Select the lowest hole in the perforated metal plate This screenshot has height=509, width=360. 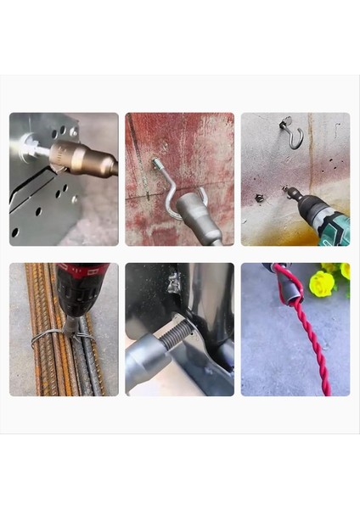[x=14, y=232]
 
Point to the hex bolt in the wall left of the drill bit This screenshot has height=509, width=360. [x=260, y=199]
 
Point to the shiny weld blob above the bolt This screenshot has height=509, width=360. [x=175, y=283]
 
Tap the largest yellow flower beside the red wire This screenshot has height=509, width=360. [x=322, y=282]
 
